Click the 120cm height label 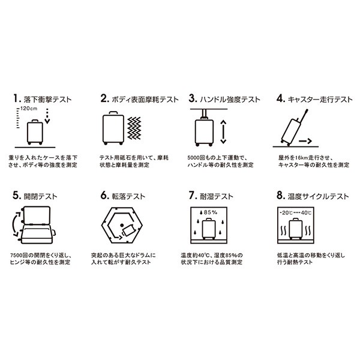[29, 109]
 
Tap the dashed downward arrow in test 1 [47, 116]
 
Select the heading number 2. [104, 98]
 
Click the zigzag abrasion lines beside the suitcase [134, 128]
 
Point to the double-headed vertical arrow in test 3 [223, 132]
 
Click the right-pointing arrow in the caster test [305, 141]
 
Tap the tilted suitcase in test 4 [292, 131]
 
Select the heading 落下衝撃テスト [48, 100]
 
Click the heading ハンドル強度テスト [230, 100]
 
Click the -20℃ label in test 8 [286, 213]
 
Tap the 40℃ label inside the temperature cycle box [306, 213]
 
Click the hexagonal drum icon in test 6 [122, 225]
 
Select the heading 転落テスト [128, 196]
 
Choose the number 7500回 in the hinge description [19, 255]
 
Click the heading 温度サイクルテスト [318, 196]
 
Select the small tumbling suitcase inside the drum [128, 230]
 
